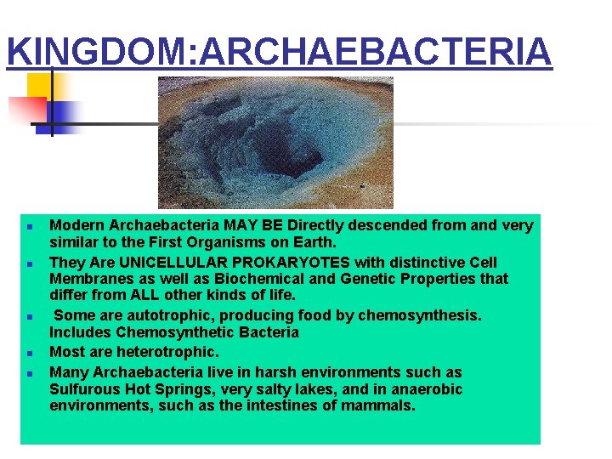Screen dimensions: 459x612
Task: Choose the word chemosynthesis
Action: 420,315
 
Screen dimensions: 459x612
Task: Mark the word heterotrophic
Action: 167,351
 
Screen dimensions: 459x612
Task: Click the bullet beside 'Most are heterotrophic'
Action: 29,352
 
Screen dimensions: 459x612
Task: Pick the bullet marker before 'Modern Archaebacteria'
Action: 29,227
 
